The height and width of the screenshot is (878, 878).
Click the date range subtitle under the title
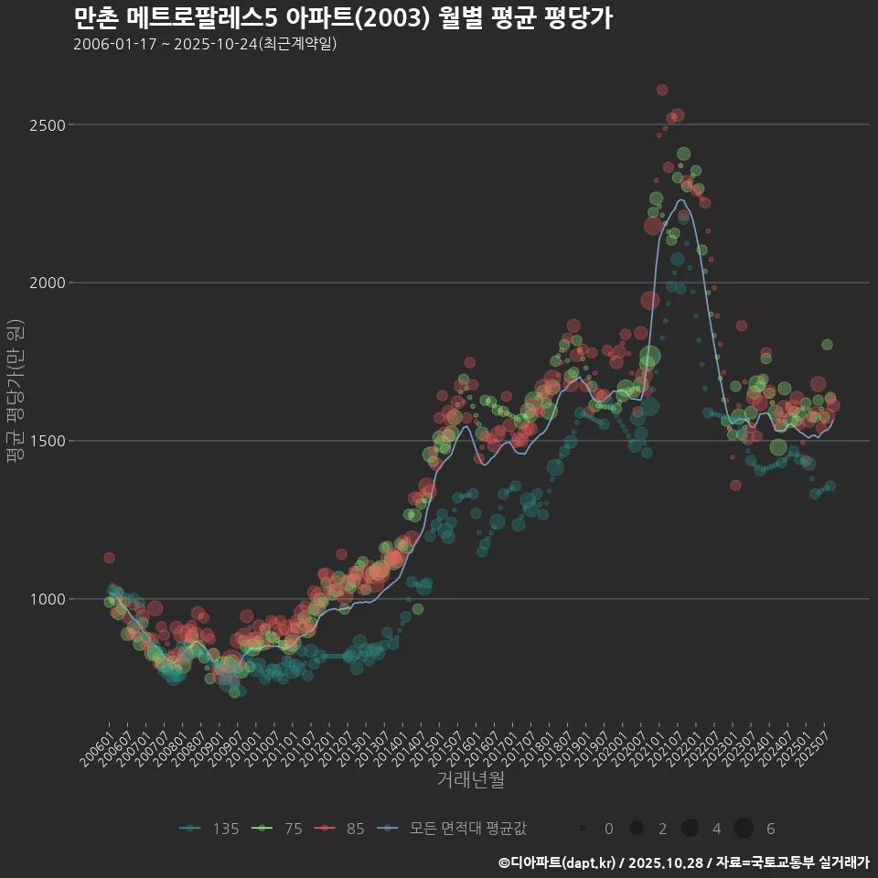[205, 44]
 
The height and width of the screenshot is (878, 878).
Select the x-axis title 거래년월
[470, 780]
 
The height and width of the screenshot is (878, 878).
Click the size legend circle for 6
[744, 829]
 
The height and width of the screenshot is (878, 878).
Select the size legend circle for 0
[582, 829]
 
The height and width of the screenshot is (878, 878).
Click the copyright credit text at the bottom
[683, 862]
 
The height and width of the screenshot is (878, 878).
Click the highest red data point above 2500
[662, 90]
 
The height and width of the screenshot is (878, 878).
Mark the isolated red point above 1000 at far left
[109, 557]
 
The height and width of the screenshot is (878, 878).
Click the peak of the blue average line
[681, 200]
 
